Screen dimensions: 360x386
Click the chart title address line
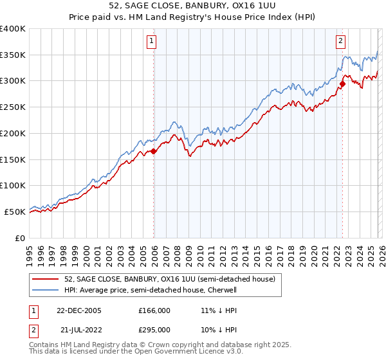pos(193,6)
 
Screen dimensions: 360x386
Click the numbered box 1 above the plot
pos(152,42)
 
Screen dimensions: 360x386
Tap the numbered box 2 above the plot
pos(340,42)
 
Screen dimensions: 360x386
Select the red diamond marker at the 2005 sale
pos(154,152)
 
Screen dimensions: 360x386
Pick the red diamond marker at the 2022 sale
pos(342,83)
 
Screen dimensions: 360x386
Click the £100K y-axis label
pos(13,186)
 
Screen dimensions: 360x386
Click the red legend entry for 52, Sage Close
pos(169,279)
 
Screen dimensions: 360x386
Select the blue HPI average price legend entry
pos(160,290)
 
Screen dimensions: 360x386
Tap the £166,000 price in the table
pos(154,310)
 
